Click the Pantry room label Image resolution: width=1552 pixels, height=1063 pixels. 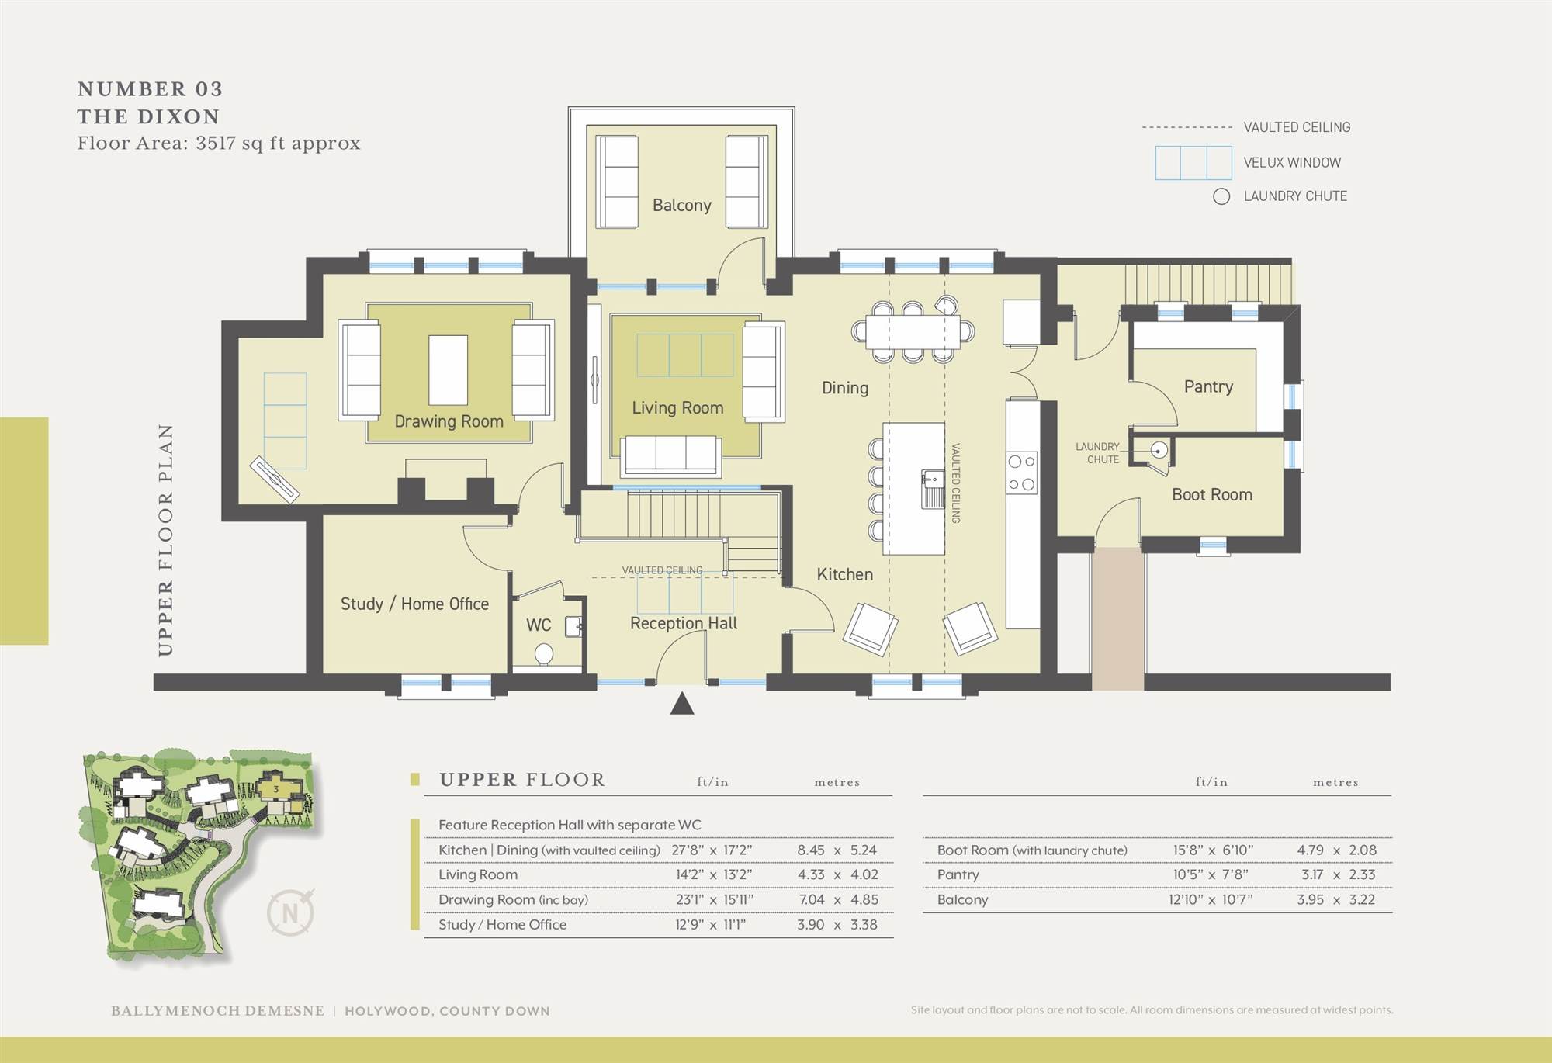click(1208, 386)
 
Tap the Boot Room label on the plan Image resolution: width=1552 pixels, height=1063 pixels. click(1211, 495)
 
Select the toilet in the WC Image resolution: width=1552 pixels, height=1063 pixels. click(545, 653)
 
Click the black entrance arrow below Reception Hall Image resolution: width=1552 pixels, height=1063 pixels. click(682, 704)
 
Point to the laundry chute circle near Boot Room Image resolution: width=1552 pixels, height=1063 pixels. click(1159, 450)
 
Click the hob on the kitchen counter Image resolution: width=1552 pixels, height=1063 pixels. click(1021, 473)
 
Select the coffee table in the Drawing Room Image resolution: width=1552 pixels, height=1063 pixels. click(449, 369)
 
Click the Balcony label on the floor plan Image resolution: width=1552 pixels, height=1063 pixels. click(681, 206)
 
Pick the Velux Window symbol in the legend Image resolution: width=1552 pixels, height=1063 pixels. click(1193, 163)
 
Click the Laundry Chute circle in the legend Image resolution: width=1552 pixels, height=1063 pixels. click(1221, 196)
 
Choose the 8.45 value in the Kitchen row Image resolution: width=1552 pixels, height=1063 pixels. click(811, 850)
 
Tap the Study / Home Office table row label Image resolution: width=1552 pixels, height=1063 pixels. click(502, 925)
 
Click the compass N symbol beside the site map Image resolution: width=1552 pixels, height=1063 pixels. click(290, 913)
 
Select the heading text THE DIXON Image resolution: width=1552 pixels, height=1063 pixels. click(148, 117)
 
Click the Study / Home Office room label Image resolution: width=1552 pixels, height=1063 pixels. click(414, 604)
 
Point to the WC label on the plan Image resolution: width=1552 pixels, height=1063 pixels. click(539, 625)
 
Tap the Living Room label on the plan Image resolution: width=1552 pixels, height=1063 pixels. click(677, 408)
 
